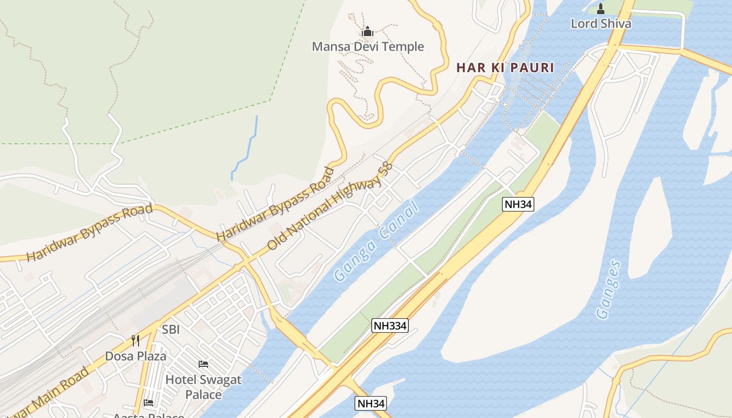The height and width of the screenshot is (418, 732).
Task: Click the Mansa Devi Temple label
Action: click(368, 47)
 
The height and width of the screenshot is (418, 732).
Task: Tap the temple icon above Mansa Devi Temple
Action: click(368, 31)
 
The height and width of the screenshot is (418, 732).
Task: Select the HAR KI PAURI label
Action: click(505, 67)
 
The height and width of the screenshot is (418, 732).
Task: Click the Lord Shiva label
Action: click(601, 24)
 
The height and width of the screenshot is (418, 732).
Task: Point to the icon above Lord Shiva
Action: click(600, 8)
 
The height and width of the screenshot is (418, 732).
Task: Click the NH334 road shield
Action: click(390, 326)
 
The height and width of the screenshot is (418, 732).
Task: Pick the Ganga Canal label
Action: click(377, 242)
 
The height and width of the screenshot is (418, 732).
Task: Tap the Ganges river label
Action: click(610, 289)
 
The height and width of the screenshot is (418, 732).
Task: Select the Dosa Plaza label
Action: click(135, 356)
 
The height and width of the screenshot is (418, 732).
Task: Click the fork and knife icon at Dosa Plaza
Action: click(135, 341)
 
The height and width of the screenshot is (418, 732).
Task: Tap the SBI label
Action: click(171, 330)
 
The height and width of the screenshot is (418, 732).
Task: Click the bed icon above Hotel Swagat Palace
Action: click(203, 364)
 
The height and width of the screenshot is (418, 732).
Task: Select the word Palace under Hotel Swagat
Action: click(203, 394)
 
